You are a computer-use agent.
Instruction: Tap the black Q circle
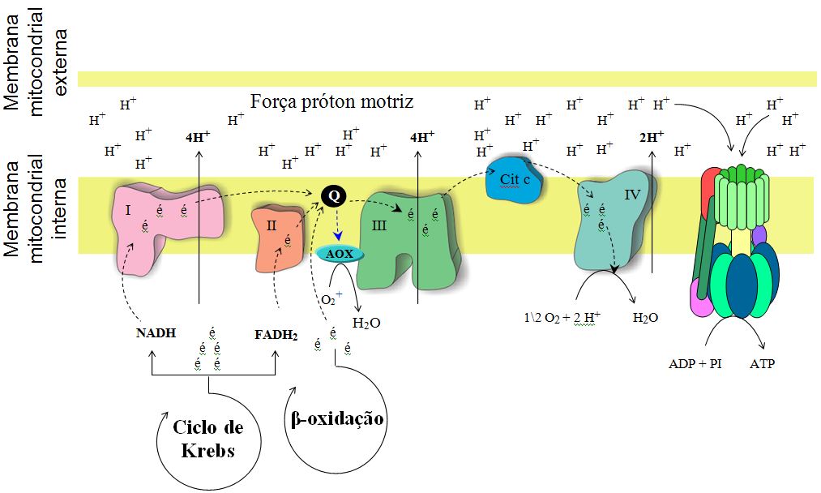click(332, 195)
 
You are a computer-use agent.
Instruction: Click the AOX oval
click(340, 253)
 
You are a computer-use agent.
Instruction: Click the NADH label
click(156, 332)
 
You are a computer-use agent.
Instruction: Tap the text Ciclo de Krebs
click(208, 438)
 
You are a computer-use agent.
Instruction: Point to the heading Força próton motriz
click(332, 102)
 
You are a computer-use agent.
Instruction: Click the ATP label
click(762, 364)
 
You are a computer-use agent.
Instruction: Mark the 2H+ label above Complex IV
click(651, 137)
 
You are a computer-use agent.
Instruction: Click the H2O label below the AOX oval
click(366, 323)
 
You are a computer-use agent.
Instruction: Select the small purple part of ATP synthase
click(759, 236)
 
